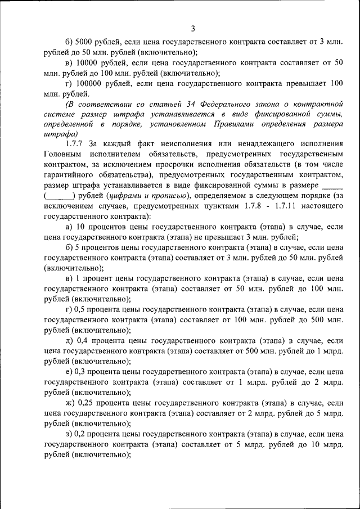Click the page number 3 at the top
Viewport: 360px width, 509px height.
[192, 29]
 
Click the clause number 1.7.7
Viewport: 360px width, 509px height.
[76, 144]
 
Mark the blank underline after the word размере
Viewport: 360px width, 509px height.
[332, 185]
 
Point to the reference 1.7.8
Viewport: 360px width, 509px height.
[233, 205]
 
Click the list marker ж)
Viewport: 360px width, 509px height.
[70, 404]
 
